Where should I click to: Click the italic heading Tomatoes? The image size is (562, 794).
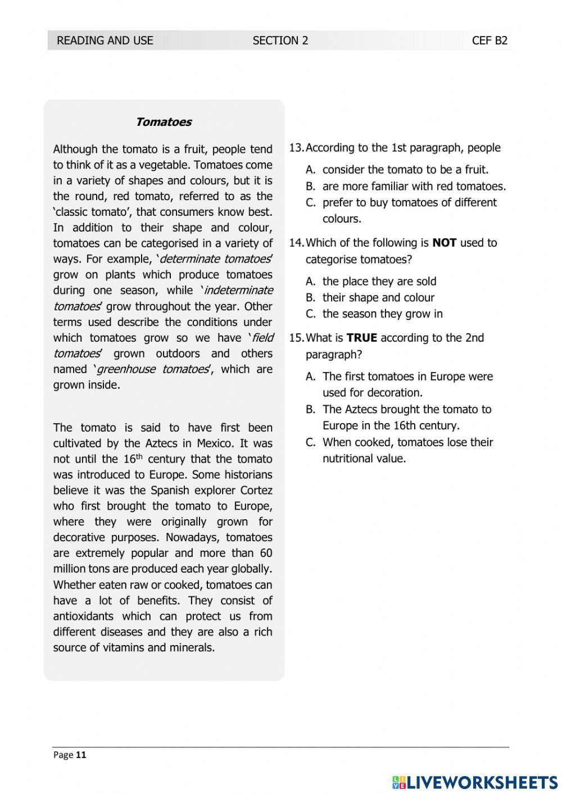click(164, 122)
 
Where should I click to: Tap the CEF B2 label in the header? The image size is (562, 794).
click(490, 40)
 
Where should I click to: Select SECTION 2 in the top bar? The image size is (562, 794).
click(280, 40)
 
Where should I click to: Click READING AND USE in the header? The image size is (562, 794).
click(105, 40)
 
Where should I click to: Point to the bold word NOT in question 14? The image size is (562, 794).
click(444, 243)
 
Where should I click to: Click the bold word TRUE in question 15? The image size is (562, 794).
click(361, 338)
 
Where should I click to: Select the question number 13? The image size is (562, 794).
click(296, 148)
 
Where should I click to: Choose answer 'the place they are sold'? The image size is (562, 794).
click(379, 281)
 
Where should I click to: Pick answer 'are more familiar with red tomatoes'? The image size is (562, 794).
click(414, 186)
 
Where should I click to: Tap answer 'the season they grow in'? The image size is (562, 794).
click(382, 314)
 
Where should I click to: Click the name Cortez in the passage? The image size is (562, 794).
click(256, 490)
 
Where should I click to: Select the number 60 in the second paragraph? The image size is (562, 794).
click(266, 553)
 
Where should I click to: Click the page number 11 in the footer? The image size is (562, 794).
click(81, 755)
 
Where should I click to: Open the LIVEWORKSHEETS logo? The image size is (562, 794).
click(475, 782)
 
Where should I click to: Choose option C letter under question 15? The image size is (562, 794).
click(310, 442)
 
